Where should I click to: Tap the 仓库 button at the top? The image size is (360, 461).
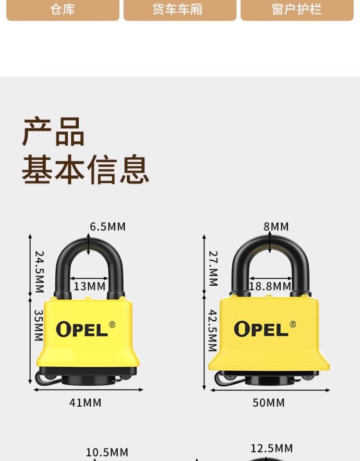pyautogui.click(x=62, y=10)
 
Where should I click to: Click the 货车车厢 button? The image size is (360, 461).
pyautogui.click(x=180, y=10)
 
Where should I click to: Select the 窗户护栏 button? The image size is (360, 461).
pyautogui.click(x=297, y=10)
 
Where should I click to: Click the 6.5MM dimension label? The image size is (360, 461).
pyautogui.click(x=108, y=226)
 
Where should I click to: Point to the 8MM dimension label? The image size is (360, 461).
pyautogui.click(x=276, y=226)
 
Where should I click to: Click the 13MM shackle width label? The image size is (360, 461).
pyautogui.click(x=89, y=286)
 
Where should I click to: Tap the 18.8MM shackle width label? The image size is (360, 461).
pyautogui.click(x=270, y=287)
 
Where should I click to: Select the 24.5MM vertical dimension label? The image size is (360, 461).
pyautogui.click(x=39, y=272)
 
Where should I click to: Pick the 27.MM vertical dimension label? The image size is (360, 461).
pyautogui.click(x=213, y=268)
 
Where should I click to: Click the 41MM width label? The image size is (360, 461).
pyautogui.click(x=85, y=402)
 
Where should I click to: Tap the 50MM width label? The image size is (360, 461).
pyautogui.click(x=269, y=402)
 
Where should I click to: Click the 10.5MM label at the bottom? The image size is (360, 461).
pyautogui.click(x=107, y=452)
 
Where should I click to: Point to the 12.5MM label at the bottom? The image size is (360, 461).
pyautogui.click(x=272, y=449)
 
